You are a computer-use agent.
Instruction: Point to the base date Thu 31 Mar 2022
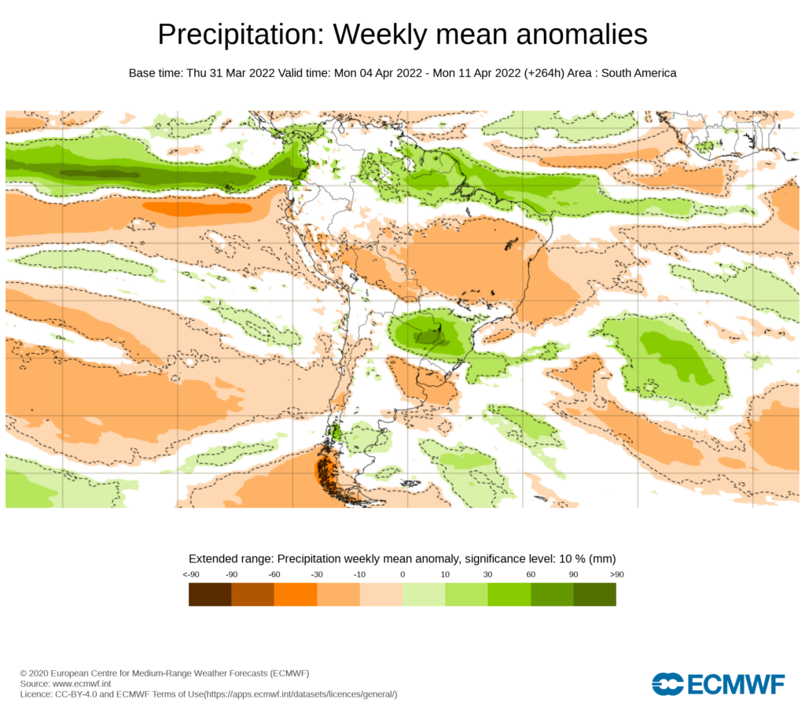coord(230,73)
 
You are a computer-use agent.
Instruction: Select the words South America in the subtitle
coord(639,73)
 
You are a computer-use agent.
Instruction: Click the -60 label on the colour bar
coord(274,575)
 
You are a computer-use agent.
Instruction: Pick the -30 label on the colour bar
coord(317,575)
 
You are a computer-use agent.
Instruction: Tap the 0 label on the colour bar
coord(402,575)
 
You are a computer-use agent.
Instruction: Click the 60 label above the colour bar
coord(531,575)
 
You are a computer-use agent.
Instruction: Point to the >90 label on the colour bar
coord(616,575)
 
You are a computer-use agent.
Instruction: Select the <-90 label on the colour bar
coord(189,575)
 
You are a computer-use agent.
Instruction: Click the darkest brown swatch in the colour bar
coord(210,594)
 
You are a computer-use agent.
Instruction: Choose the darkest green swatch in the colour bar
coord(594,594)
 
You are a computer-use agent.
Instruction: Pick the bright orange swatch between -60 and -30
coord(296,594)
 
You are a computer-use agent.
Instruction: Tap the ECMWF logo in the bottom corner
coord(718,684)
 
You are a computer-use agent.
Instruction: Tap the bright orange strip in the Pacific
coord(197,208)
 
